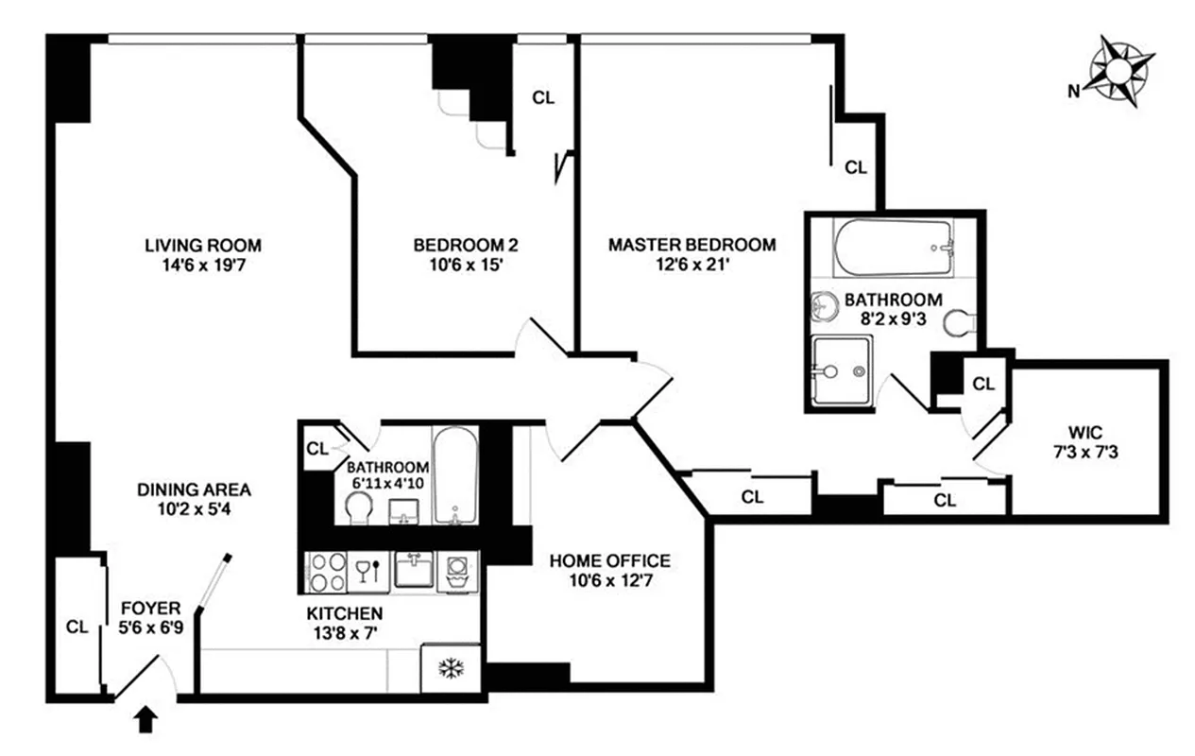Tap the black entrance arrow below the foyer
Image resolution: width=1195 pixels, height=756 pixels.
coord(145,722)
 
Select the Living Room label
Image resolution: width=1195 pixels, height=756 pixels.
coord(203,246)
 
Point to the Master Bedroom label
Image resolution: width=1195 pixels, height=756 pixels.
coord(691,246)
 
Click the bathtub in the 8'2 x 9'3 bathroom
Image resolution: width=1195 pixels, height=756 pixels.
coord(893,248)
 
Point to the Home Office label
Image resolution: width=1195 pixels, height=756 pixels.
coord(609,561)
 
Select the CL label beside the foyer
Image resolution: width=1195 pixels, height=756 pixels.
coord(77,626)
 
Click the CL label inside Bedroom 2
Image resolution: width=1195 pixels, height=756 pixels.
coord(543,96)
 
